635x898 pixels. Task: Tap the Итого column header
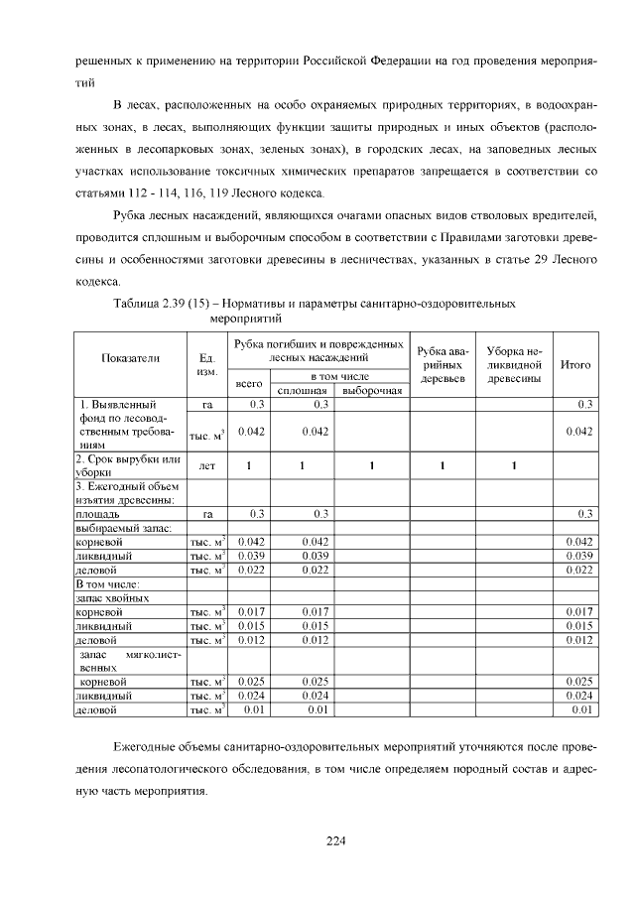coord(575,364)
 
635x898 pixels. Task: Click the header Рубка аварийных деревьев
coord(442,364)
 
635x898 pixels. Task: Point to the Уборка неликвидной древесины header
coord(512,364)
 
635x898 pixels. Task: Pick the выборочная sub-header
coord(371,390)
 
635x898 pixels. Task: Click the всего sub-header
coord(248,383)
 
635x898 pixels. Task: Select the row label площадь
coord(98,514)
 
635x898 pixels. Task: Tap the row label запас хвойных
coord(112,598)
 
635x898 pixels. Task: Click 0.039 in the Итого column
coord(578,557)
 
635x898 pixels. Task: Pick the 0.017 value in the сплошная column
coord(315,612)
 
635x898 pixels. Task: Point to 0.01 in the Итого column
coord(581,710)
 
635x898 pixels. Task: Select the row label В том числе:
coord(104,584)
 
